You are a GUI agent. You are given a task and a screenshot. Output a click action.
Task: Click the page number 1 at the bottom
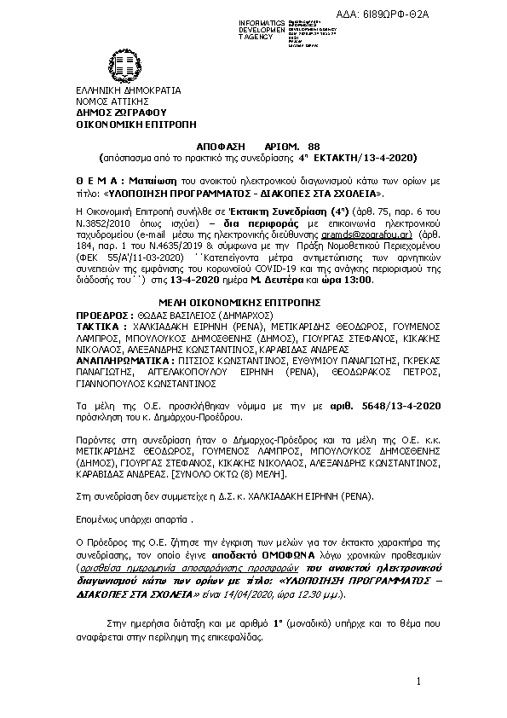click(x=419, y=681)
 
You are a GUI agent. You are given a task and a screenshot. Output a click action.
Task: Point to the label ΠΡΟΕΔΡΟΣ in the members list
click(x=101, y=314)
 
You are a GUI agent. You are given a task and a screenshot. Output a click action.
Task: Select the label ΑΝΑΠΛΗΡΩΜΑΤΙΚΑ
click(x=121, y=361)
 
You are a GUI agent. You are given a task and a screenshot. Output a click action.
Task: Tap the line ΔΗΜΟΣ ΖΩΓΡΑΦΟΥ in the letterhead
click(x=120, y=111)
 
